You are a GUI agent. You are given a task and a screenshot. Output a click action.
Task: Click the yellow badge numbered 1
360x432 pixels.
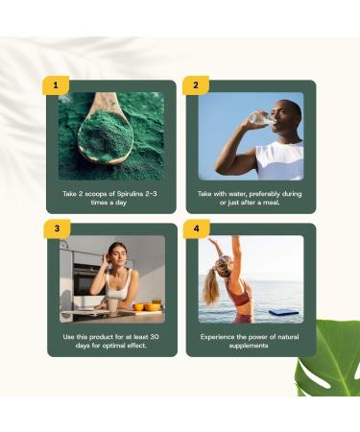[56, 85]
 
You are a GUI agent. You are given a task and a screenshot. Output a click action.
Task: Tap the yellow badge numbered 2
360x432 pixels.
[195, 85]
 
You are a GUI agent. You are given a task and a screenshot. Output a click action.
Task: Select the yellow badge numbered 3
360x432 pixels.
[57, 228]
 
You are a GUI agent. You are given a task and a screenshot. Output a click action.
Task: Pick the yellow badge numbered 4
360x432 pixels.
[196, 228]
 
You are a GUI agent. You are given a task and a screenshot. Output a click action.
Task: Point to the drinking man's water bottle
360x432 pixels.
[258, 120]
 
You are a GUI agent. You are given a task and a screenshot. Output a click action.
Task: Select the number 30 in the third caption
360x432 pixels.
[152, 337]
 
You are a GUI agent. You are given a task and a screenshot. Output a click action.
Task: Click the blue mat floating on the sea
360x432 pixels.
[287, 311]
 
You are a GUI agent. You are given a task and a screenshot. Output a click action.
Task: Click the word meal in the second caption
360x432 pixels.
[270, 203]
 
